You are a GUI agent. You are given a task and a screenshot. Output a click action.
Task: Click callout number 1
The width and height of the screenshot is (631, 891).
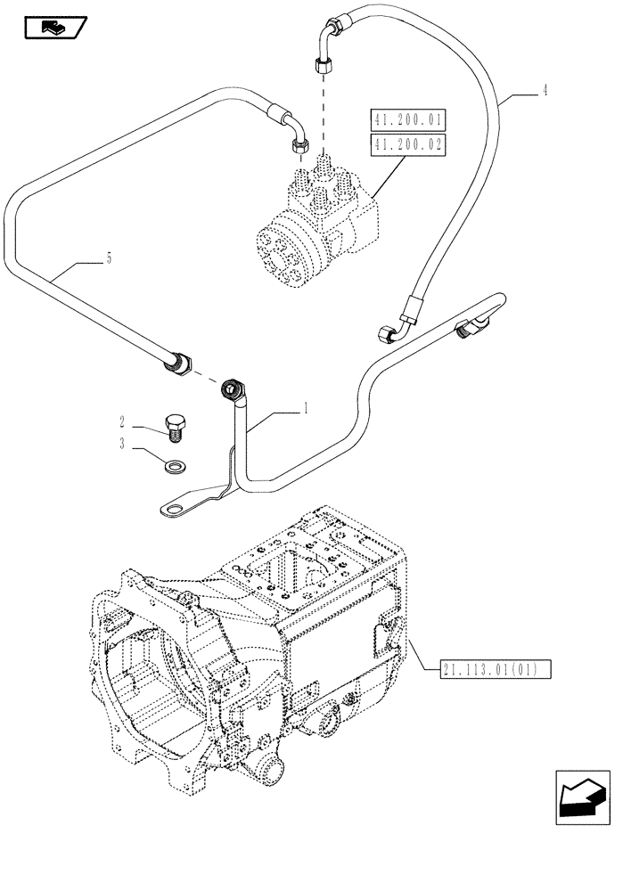306,409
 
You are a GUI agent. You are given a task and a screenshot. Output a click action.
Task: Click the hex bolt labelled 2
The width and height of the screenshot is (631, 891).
175,426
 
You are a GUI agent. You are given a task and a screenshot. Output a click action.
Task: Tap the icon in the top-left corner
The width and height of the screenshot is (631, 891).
53,29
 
